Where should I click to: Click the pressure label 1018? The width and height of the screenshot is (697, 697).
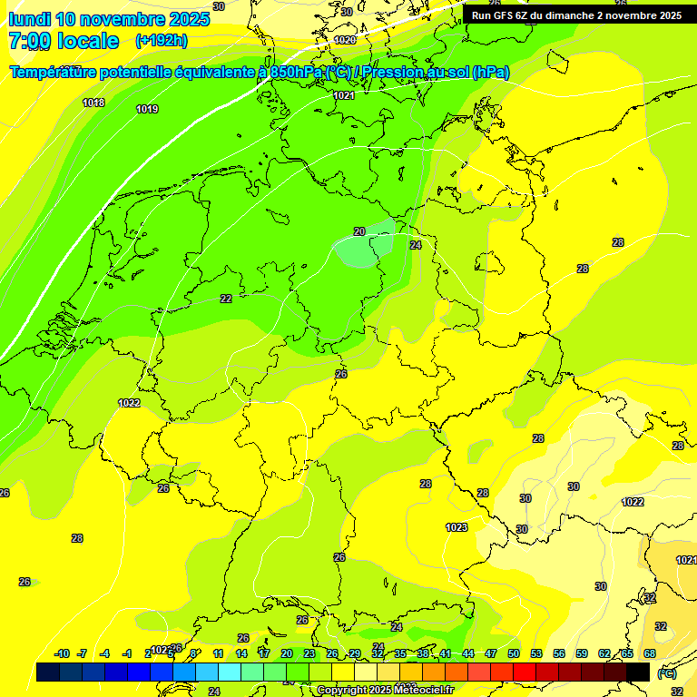[x=93, y=103]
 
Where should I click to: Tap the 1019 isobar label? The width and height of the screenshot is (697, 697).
[x=147, y=109]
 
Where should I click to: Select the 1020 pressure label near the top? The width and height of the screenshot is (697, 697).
[x=345, y=40]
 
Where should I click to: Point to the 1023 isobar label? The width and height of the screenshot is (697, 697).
[x=456, y=527]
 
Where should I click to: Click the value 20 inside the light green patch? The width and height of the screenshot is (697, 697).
[x=359, y=232]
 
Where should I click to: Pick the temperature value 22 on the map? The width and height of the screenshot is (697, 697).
[x=226, y=299]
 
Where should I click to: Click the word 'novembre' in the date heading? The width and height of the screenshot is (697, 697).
[x=123, y=19]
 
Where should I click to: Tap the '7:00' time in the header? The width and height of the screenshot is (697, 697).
[x=29, y=41]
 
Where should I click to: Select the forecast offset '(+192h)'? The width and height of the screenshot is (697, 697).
[x=161, y=41]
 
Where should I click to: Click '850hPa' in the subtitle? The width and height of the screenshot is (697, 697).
[x=296, y=73]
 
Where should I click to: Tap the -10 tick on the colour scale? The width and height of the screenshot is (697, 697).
[x=63, y=653]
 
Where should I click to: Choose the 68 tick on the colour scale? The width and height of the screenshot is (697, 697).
[x=650, y=653]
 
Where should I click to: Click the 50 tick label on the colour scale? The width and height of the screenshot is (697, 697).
[x=514, y=653]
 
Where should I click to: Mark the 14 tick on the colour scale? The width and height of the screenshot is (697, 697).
[x=241, y=653]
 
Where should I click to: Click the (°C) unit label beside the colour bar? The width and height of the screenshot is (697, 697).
[x=667, y=673]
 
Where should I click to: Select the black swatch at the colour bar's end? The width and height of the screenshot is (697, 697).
[x=638, y=672]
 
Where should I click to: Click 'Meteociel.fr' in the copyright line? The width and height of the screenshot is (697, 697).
[x=423, y=691]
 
